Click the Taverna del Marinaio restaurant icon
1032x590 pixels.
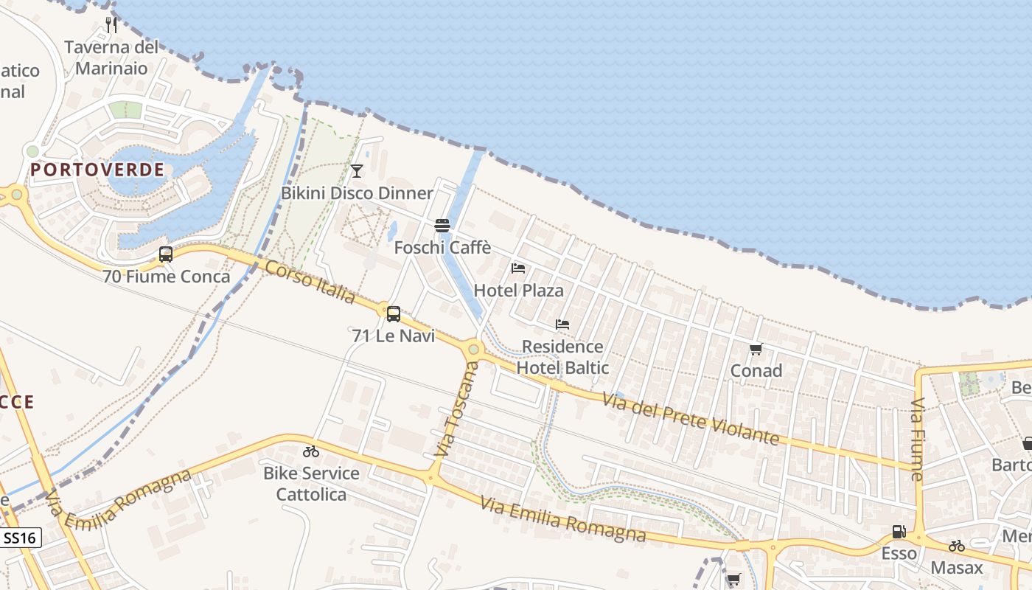coord(111,24)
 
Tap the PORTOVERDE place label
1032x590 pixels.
coord(97,170)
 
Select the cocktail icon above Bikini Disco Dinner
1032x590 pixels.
coord(357,171)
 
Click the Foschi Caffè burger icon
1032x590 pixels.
coord(442,225)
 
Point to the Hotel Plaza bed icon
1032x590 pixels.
coord(518,268)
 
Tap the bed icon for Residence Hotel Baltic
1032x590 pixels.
coord(562,324)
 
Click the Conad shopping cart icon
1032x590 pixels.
coord(756,349)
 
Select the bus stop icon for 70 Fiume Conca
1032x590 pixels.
coord(166,254)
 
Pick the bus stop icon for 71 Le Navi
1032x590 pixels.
coord(394,314)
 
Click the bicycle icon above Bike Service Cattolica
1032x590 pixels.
coord(311,451)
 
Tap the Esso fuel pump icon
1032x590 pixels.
coord(899,532)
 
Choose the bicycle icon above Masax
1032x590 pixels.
coord(957,546)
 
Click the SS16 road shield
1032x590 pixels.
coord(20,538)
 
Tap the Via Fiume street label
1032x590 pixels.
coord(918,440)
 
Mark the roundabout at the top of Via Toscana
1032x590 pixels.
coord(473,350)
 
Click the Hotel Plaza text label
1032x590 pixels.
coord(518,291)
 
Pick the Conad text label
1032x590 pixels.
coord(756,371)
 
